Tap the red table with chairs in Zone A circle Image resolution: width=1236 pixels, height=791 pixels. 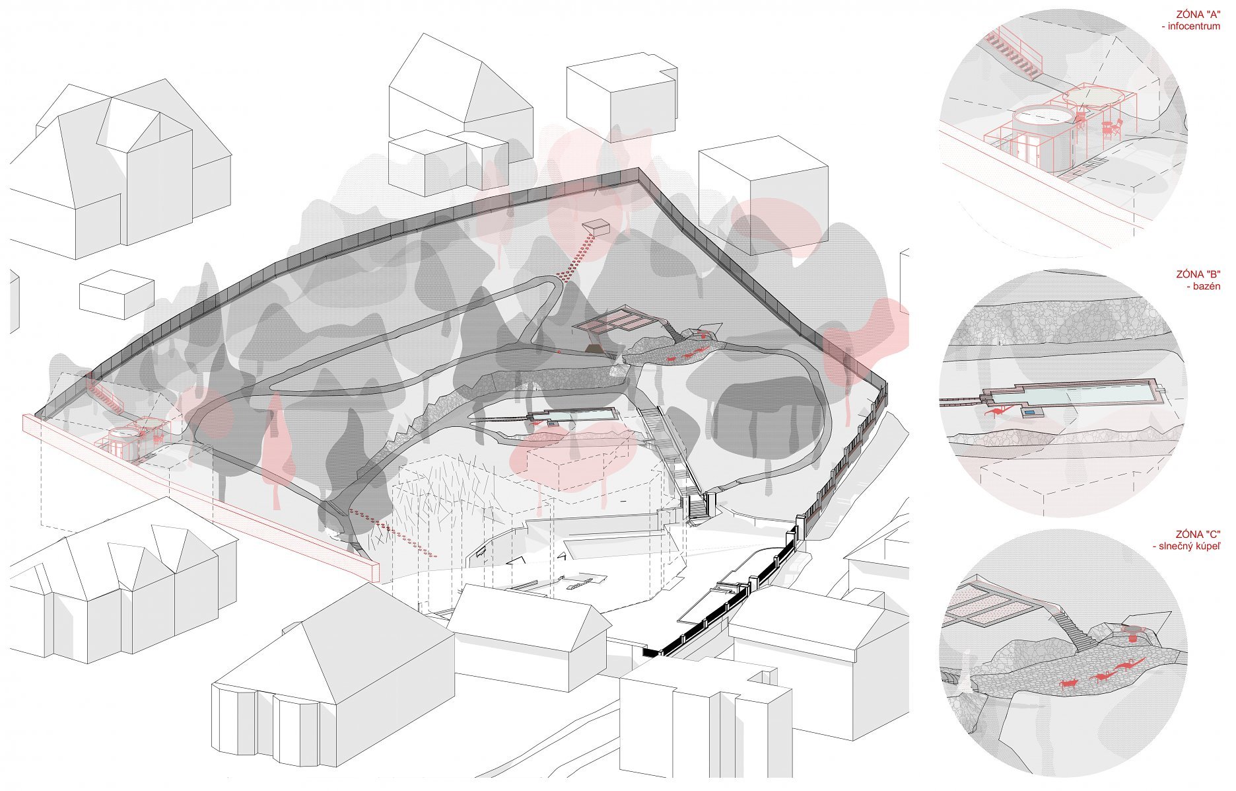click(x=1110, y=127)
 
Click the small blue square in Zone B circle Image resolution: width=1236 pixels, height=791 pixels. click(x=1029, y=413)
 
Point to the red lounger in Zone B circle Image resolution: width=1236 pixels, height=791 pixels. click(x=998, y=412)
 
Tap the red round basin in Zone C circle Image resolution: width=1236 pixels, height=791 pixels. click(x=1132, y=638)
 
